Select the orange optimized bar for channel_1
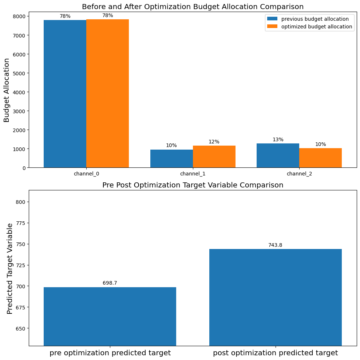[214, 157]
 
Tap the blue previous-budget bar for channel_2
[278, 155]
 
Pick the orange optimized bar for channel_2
[320, 158]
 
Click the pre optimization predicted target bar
[110, 316]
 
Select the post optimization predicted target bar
[275, 297]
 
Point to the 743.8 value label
[275, 245]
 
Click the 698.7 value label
[110, 283]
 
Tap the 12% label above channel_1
[214, 142]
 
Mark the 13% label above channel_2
[278, 139]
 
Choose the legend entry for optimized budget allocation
[309, 27]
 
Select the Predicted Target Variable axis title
[10, 268]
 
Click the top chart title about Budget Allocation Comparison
[193, 7]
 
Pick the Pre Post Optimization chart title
[193, 185]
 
